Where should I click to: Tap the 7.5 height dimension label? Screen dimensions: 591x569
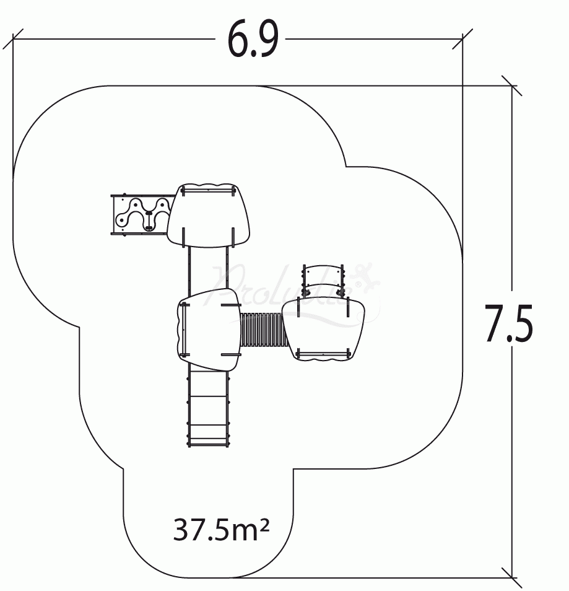pyautogui.click(x=508, y=323)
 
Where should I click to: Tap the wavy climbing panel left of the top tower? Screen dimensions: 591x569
pyautogui.click(x=141, y=214)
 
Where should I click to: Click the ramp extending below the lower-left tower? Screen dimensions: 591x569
pyautogui.click(x=209, y=409)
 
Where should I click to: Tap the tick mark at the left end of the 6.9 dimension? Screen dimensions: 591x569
pyautogui.click(x=13, y=39)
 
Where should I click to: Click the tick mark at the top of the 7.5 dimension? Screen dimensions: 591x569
pyautogui.click(x=511, y=86)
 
